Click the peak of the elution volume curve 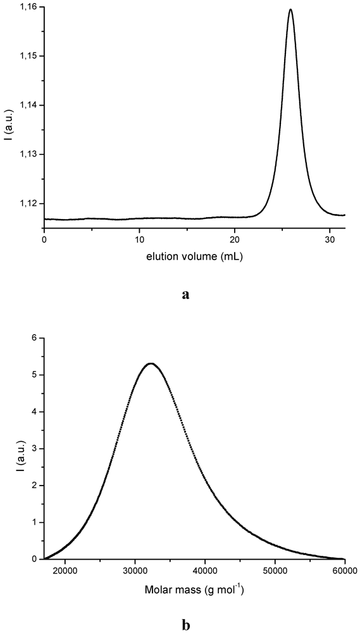pos(290,9)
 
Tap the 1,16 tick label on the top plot pos(27,7)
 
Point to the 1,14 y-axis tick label pos(27,105)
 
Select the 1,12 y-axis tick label pos(27,203)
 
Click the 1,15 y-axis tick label pos(27,56)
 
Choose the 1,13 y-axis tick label pos(27,154)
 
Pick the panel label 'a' pos(185,294)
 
